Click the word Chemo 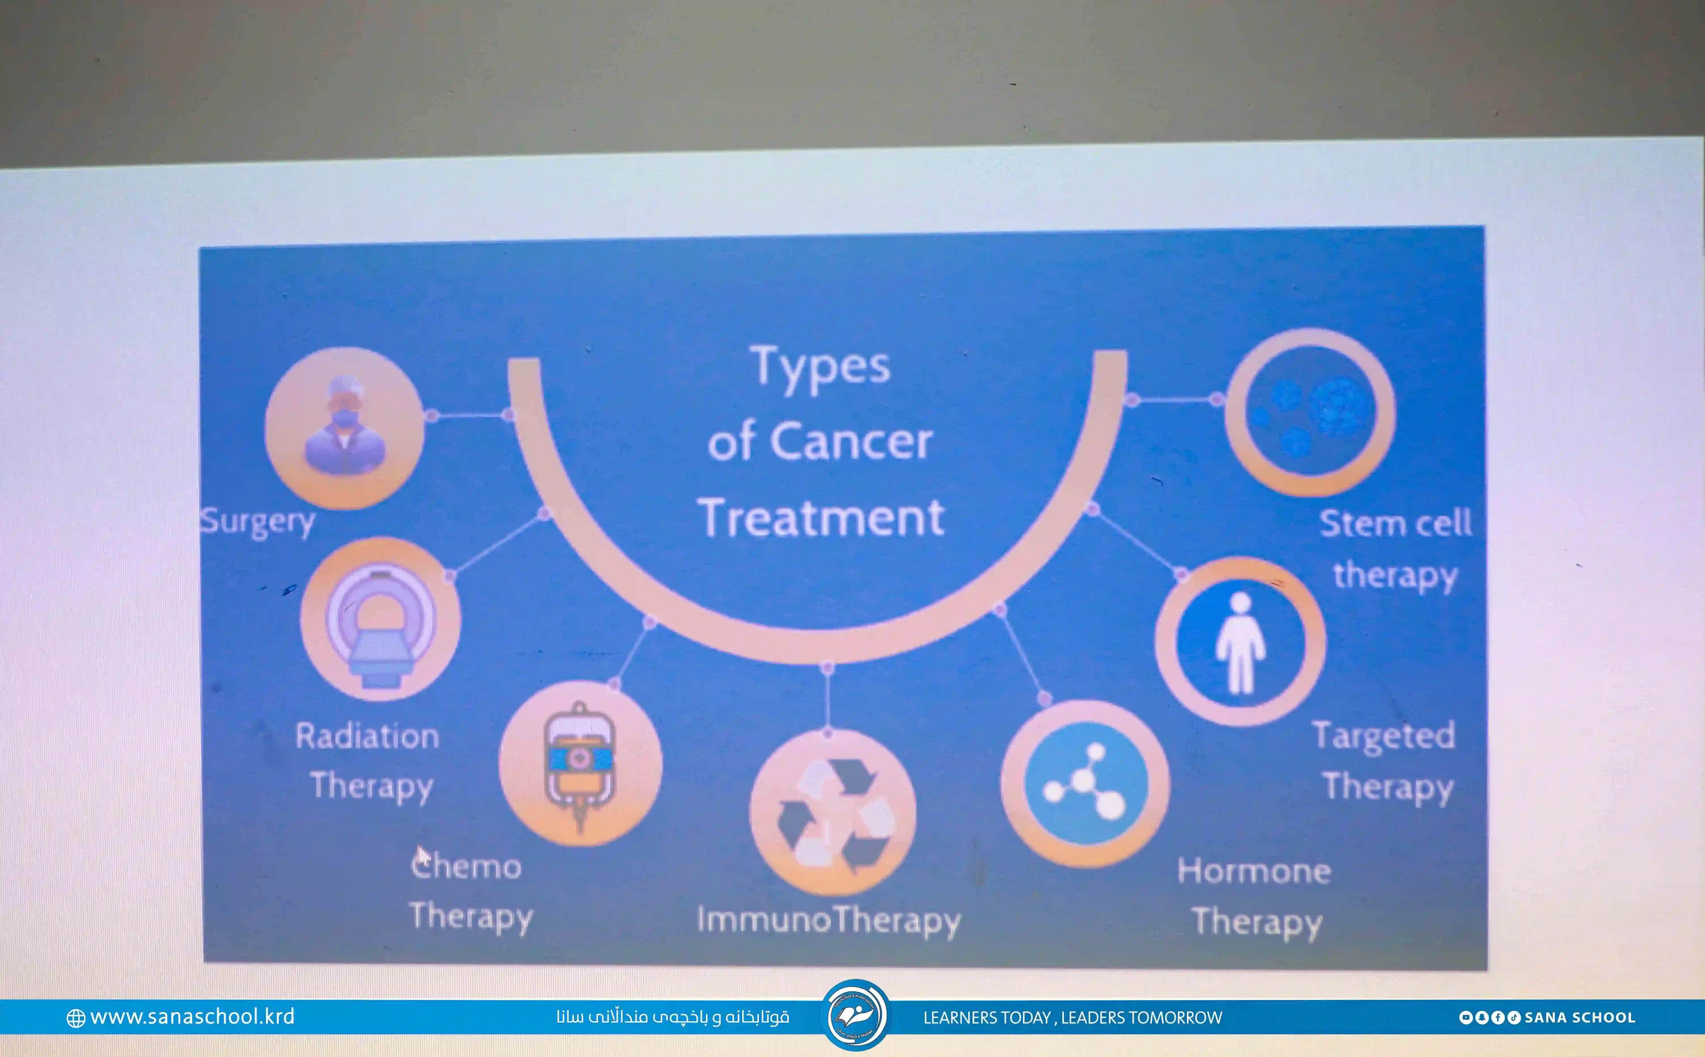[465, 865]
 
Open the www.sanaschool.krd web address [192, 1017]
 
